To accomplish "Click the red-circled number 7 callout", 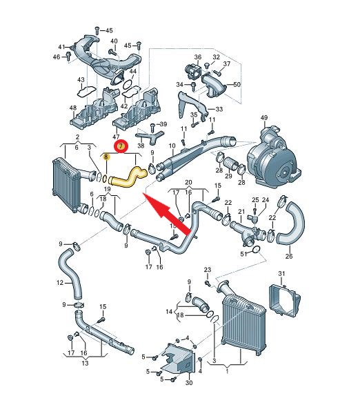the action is coord(121,147).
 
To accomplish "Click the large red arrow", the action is coord(168,213).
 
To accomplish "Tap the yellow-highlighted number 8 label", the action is coord(106,157).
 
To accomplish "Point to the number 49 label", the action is coord(264,118).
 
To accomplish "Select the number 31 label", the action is coord(281,274).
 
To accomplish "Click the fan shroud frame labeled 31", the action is coord(284,300).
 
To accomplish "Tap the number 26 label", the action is coord(289,256).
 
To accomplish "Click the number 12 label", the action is coord(60,282).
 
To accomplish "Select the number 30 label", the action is coord(189,383).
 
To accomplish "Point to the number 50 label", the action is coord(237,84).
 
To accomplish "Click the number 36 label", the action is coord(198,57).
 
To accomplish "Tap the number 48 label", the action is coord(73,108).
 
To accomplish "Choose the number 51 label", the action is coord(243,254).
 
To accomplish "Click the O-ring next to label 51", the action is coord(256,250).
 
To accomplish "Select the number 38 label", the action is coord(141,146).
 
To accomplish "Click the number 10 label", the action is coord(172,146).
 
